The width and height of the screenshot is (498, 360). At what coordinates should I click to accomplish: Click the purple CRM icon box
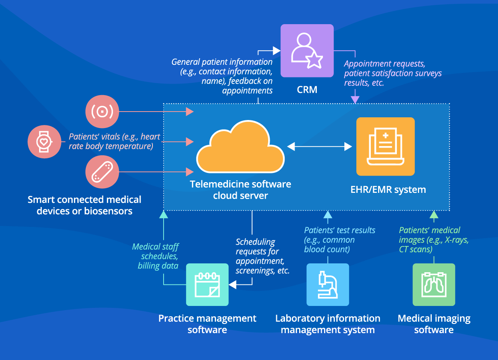(307, 51)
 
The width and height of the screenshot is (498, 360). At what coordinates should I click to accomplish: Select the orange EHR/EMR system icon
(385, 146)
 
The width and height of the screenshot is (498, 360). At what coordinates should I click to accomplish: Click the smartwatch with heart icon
(44, 141)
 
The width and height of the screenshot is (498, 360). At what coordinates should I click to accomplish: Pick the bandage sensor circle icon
(102, 172)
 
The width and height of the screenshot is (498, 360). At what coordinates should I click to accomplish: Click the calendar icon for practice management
(207, 284)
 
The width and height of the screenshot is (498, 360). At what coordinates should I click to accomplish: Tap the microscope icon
(328, 284)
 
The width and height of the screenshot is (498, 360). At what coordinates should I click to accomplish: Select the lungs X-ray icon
(434, 284)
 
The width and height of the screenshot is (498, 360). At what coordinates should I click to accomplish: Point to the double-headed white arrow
(319, 146)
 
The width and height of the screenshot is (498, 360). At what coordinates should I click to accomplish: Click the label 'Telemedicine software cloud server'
(240, 190)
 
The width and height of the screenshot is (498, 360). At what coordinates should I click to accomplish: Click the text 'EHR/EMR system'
(388, 189)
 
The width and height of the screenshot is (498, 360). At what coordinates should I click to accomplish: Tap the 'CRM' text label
(307, 90)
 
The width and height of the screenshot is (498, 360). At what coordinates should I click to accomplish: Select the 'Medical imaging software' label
(434, 324)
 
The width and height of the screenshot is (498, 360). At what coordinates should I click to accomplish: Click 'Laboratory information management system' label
(328, 324)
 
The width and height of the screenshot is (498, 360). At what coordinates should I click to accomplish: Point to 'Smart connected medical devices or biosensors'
(84, 205)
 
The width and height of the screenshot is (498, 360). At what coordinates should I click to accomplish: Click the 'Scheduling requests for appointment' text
(262, 256)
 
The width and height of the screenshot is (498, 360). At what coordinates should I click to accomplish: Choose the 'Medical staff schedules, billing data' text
(156, 256)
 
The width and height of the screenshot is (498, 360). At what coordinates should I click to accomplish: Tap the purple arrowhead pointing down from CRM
(355, 100)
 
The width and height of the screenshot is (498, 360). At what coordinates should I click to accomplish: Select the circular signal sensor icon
(102, 112)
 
